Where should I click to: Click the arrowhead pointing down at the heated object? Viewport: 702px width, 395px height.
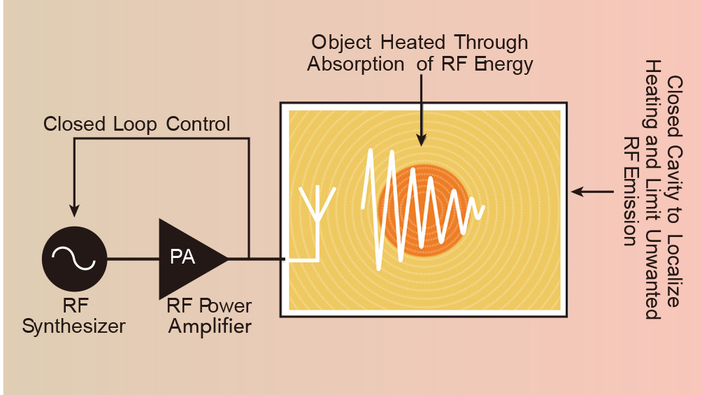pos(421,138)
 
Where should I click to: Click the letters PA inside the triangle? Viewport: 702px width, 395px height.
pos(183,257)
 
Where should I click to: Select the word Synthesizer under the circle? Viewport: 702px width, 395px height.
pos(74,326)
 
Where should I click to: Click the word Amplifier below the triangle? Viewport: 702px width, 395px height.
pos(209,326)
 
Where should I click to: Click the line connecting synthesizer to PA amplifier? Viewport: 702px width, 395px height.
pos(133,259)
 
